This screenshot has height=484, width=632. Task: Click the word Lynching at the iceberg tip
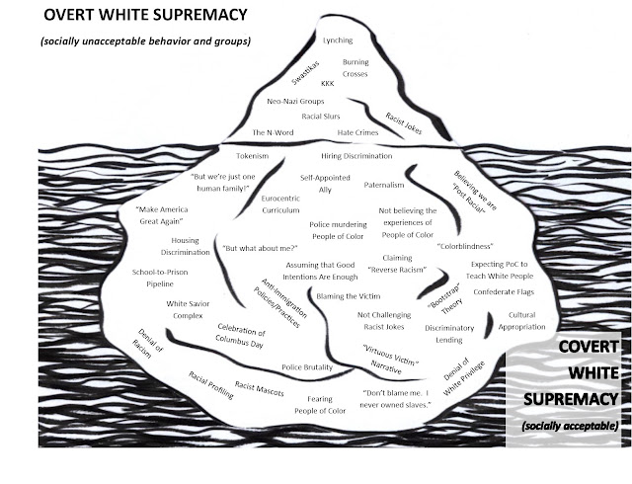pos(338,40)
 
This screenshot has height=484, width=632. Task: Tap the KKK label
pos(327,84)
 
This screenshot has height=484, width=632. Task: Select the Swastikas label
pos(305,73)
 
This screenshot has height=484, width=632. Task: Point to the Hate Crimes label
pos(357,132)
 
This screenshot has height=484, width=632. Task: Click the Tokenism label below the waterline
pos(253,156)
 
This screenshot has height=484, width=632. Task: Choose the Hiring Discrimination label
pos(356,156)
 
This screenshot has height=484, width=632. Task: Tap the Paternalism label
pos(384,185)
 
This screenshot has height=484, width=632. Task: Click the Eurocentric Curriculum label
pos(280,204)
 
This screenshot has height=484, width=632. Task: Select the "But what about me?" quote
pos(260,249)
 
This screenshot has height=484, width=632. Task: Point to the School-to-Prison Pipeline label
pos(160,278)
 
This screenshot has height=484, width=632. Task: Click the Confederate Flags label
pos(504,291)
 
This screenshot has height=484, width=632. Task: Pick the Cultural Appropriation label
pos(521,321)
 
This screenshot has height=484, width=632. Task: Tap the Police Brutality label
pos(307,367)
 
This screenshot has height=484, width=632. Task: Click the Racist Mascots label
pos(260,388)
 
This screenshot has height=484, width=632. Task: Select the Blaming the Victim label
pos(349,296)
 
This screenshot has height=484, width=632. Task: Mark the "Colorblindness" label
pos(465,246)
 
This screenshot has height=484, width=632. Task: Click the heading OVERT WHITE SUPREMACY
pos(145,15)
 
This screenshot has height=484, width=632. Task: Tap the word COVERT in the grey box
pos(589,347)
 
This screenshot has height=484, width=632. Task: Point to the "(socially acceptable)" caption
pos(570,426)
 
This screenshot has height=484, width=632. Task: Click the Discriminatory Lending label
pos(449,334)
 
